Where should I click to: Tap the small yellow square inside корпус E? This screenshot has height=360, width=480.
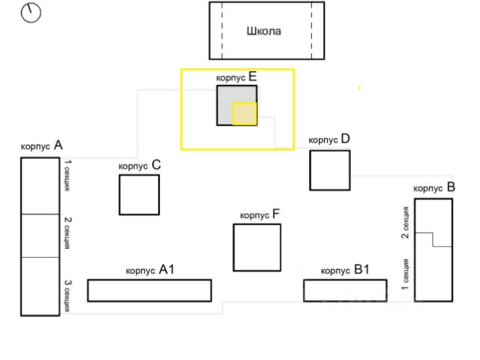point(244,113)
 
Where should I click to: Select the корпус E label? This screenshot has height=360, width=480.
point(236,76)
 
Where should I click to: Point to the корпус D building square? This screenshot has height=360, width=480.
point(330,170)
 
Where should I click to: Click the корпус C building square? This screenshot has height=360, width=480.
point(139,194)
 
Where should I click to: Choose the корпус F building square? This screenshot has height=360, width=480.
point(256,247)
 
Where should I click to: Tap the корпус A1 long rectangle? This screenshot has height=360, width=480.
point(149,290)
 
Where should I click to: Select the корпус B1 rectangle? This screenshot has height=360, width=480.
point(345,290)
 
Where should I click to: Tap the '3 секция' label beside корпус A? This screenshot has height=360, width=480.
point(67,296)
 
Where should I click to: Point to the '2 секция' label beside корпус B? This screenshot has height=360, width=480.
point(405,222)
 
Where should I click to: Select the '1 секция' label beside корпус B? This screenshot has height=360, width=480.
point(405,274)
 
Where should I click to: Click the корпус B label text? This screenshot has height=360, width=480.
point(434,187)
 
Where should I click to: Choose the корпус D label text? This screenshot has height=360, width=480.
point(329,139)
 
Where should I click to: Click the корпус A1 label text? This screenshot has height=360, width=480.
point(150,270)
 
